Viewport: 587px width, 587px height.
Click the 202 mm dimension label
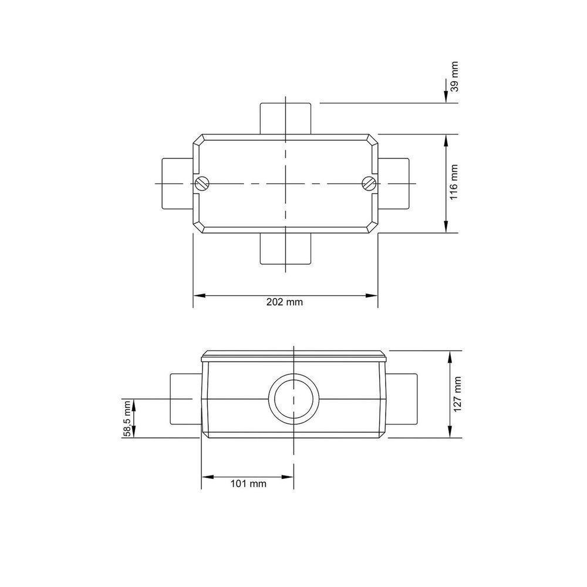(285, 302)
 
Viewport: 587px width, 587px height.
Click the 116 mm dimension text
(454, 183)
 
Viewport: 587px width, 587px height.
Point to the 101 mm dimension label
(247, 484)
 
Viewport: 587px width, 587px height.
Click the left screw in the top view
(203, 183)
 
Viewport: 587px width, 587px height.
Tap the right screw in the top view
(369, 183)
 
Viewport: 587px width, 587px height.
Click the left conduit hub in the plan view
(176, 183)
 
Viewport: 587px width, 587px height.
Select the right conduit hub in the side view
(402, 399)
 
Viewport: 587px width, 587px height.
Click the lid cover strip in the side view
(293, 356)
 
